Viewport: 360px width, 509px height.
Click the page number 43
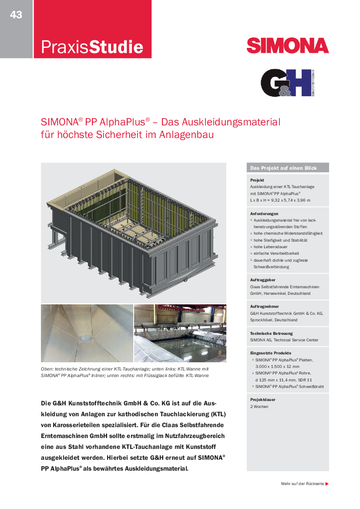tap(16, 15)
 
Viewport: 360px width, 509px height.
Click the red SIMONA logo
tap(287, 45)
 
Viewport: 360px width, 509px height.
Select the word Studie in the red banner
tap(116, 47)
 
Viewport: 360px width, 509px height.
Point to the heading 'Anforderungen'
tap(264, 214)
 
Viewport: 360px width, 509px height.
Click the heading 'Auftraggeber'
tap(263, 280)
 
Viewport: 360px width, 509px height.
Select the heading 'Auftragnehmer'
tap(264, 307)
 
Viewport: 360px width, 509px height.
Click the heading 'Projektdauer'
tap(262, 400)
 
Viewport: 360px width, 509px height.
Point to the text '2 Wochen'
tap(259, 407)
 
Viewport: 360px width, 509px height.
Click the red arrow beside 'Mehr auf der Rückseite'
tap(327, 484)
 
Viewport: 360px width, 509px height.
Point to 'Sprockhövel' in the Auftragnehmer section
tap(261, 320)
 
